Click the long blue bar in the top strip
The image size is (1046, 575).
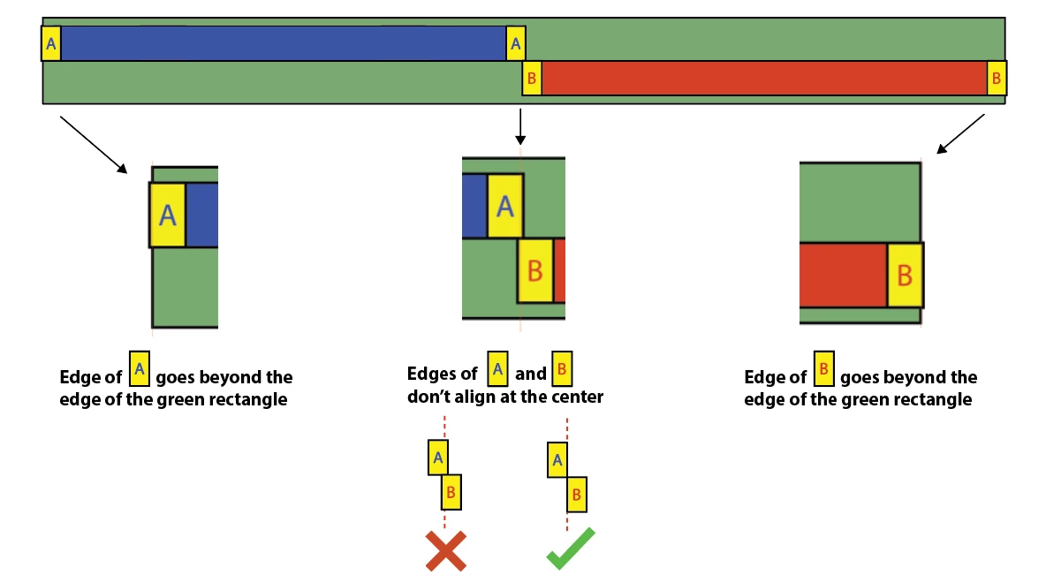pos(283,43)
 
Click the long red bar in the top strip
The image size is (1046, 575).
pos(764,78)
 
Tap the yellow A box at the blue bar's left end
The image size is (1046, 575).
pos(51,43)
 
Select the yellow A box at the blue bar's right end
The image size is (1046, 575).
pos(516,43)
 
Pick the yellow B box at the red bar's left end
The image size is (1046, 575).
pos(532,79)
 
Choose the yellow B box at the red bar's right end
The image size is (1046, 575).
pos(997,79)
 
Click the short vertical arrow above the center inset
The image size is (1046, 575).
pos(520,126)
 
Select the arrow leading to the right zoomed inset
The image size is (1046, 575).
pos(961,132)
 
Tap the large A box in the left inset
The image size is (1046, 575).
pos(168,215)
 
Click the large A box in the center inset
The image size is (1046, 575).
pos(504,206)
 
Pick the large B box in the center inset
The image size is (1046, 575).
pos(535,270)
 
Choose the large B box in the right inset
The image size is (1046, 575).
pos(905,275)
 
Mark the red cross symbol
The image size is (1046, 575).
pos(445,549)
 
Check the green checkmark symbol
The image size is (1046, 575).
pos(570,548)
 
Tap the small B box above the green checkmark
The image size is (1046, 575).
pos(577,493)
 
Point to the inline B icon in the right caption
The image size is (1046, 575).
pos(823,369)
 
